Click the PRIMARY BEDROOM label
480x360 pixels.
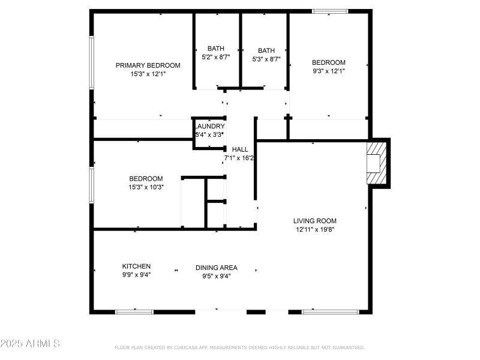pyautogui.click(x=148, y=65)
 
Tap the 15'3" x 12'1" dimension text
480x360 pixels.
pyautogui.click(x=148, y=74)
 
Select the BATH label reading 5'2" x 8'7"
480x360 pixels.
pyautogui.click(x=216, y=49)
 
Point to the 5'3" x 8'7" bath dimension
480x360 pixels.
pyautogui.click(x=266, y=59)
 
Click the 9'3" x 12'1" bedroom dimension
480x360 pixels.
pyautogui.click(x=328, y=71)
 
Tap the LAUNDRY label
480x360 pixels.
pyautogui.click(x=210, y=127)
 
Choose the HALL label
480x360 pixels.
pyautogui.click(x=240, y=149)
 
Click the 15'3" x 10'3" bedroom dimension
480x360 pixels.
pyautogui.click(x=146, y=187)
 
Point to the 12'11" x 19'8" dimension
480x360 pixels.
pyautogui.click(x=314, y=229)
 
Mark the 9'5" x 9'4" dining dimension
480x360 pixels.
pyautogui.click(x=216, y=276)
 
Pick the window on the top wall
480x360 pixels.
pyautogui.click(x=329, y=11)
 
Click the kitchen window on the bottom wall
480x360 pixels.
pyautogui.click(x=134, y=311)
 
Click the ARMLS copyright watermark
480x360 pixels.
pyautogui.click(x=30, y=344)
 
